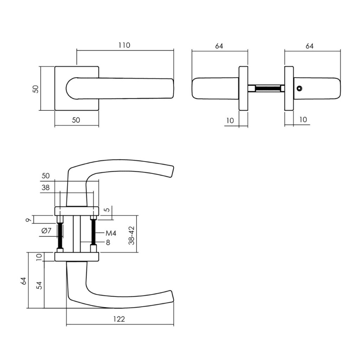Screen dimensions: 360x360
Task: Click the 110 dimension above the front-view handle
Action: click(x=124, y=45)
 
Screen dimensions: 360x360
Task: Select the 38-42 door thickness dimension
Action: click(x=131, y=235)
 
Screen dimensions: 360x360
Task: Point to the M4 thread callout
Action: click(x=111, y=233)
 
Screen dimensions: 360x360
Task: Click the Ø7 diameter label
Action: click(x=46, y=231)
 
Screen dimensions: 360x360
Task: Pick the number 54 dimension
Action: click(x=39, y=285)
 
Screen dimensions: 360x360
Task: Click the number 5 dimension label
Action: click(x=108, y=211)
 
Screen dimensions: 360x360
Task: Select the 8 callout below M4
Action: click(x=108, y=242)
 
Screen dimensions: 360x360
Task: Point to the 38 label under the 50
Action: click(x=46, y=187)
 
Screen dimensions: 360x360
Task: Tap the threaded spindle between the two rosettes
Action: click(x=268, y=88)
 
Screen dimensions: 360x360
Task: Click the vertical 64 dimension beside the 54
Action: click(x=23, y=281)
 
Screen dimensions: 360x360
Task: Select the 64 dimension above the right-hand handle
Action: click(x=309, y=46)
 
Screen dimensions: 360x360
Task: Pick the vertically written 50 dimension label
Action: click(x=35, y=89)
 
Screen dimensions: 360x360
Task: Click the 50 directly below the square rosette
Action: click(x=76, y=120)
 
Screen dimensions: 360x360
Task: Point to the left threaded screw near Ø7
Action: click(x=60, y=235)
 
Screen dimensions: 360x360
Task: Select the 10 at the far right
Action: click(x=303, y=120)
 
